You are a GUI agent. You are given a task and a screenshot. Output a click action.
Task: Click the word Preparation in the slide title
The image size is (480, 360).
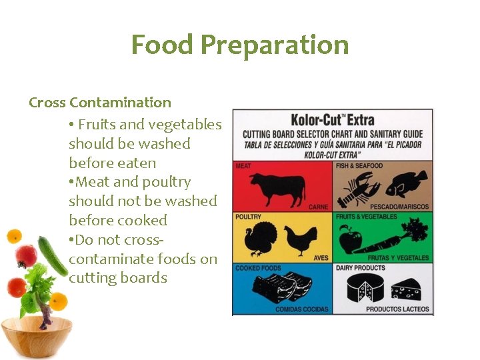tap(275, 45)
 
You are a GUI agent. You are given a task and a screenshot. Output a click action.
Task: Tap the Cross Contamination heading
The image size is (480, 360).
tap(100, 103)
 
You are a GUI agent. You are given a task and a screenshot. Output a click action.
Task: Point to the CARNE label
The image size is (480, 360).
tap(319, 207)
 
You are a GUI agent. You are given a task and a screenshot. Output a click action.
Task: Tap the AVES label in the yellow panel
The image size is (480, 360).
tap(321, 258)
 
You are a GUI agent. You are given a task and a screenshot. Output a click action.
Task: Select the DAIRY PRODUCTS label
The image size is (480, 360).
tap(361, 268)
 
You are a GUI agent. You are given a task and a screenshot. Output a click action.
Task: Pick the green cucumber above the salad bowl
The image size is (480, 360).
tap(52, 255)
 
